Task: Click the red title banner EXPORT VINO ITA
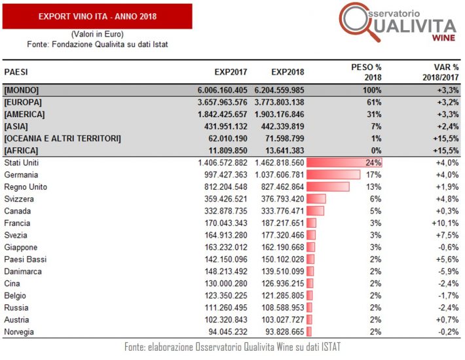pos(97,16)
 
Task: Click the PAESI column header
pos(16,71)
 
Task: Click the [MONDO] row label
pos(22,90)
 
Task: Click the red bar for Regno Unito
pos(329,186)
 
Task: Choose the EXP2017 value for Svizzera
pos(224,198)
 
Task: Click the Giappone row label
pos(21,247)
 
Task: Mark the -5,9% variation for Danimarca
pos(443,272)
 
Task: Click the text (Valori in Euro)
pos(97,33)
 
